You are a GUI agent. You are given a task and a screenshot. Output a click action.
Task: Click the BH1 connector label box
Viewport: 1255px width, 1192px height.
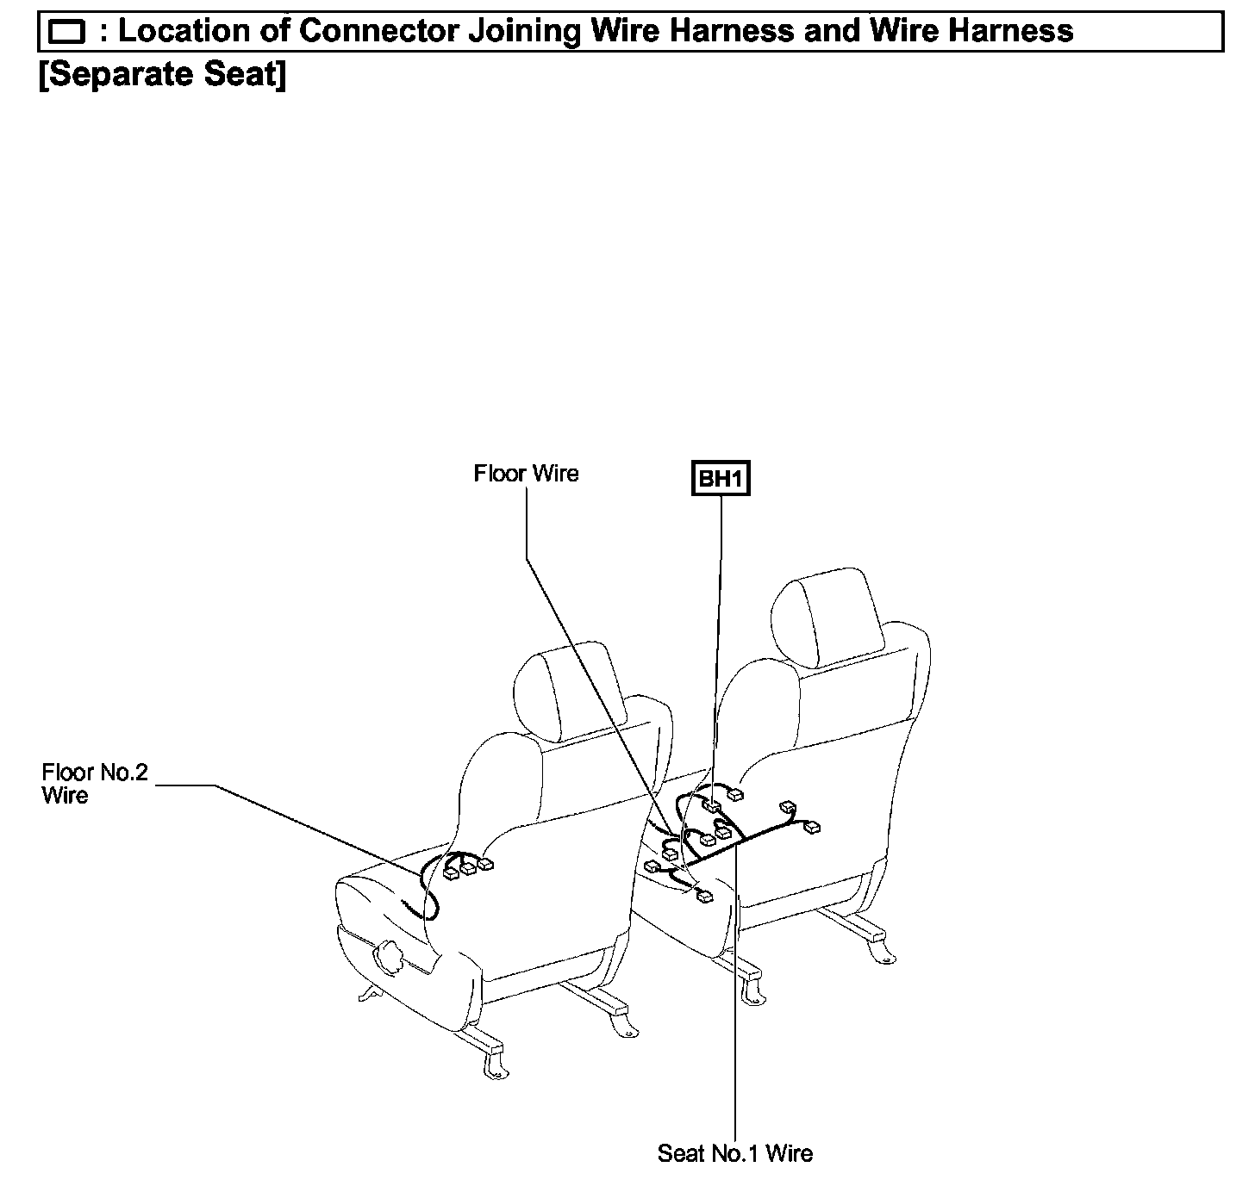(721, 479)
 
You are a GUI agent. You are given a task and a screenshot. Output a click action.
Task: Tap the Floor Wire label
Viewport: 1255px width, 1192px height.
(526, 474)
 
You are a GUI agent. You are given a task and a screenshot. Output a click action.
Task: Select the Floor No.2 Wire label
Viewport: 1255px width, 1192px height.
(95, 783)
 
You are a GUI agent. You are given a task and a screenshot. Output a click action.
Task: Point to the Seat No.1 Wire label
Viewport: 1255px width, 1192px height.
(734, 1152)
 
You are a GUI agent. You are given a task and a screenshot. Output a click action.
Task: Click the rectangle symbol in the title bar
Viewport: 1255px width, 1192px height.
(66, 33)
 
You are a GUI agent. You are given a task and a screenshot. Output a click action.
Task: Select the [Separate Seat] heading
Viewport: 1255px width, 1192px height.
(163, 75)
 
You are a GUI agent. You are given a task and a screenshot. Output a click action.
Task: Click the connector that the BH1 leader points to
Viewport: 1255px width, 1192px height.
(713, 807)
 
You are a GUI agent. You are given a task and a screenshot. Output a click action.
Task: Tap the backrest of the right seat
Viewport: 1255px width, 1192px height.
(827, 741)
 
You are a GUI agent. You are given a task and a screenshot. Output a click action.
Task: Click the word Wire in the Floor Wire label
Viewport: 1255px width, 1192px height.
(554, 474)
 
